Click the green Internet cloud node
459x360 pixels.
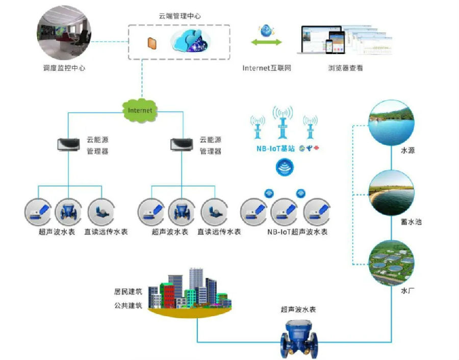140,109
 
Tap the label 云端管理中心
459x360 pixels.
180,16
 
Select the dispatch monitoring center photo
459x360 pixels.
64,35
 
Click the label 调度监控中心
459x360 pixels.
64,68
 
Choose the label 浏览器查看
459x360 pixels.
345,68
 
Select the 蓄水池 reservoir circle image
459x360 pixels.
392,193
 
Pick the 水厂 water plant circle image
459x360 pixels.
392,263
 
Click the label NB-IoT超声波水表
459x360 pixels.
297,232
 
